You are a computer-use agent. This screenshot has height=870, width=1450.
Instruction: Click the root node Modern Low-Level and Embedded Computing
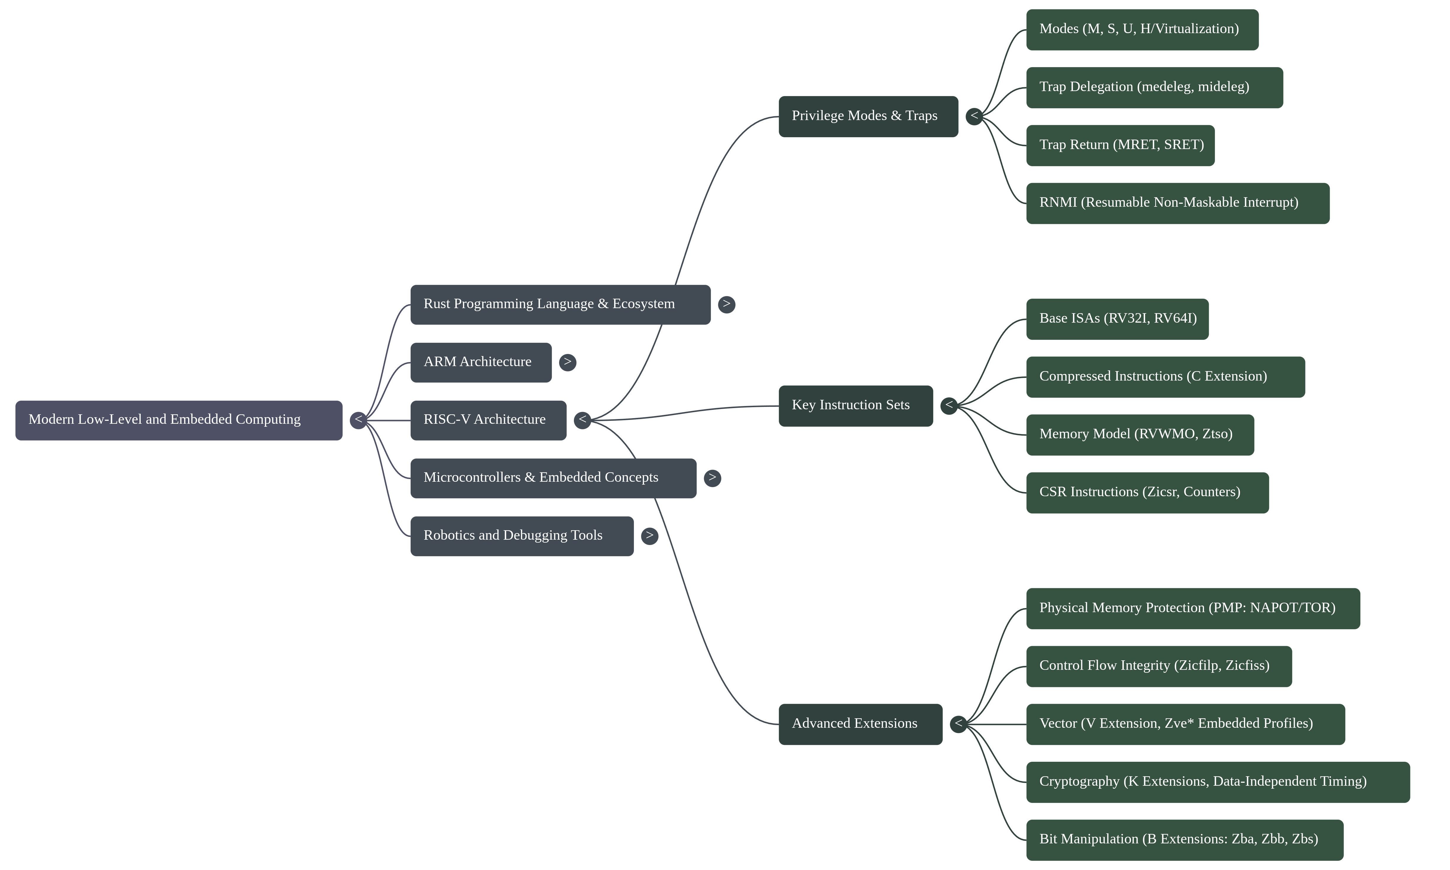click(179, 420)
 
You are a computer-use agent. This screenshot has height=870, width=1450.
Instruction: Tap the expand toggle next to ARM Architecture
click(567, 362)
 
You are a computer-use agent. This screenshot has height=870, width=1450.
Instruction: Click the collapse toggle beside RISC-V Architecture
click(582, 420)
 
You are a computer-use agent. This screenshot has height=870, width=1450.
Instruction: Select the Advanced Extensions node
click(860, 724)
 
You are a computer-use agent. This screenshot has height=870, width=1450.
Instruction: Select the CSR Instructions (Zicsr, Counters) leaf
click(1147, 492)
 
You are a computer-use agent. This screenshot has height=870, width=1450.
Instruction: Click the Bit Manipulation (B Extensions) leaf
click(1184, 840)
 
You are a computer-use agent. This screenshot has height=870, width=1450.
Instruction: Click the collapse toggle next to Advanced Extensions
click(958, 724)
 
